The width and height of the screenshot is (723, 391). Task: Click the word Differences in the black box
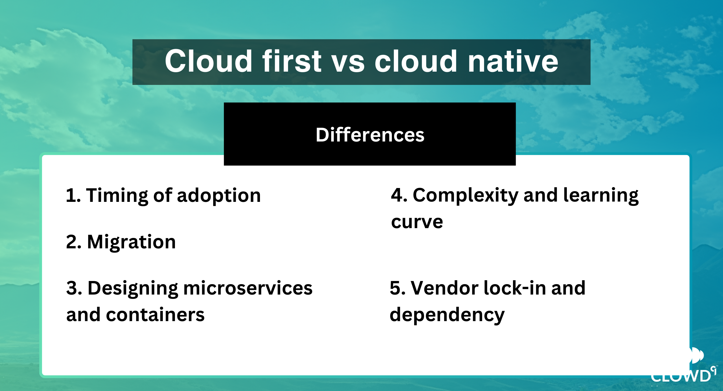click(370, 135)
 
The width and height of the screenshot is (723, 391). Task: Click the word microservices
click(248, 288)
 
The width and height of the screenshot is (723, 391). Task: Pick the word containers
click(155, 315)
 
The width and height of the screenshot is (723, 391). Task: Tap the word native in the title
click(513, 61)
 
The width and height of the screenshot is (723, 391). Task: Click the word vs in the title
click(348, 64)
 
